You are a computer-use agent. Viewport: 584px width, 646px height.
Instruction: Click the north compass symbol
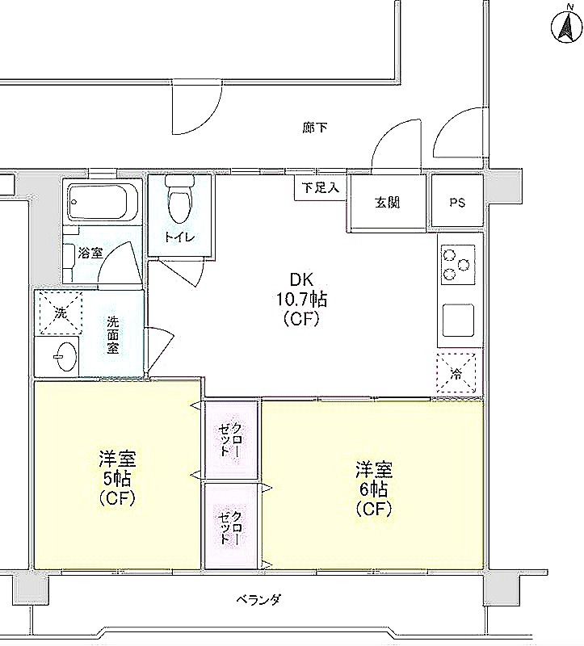coord(566,25)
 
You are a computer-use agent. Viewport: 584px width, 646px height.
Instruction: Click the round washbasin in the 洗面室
coord(66,356)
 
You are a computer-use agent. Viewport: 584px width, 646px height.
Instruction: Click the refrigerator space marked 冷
coord(456,373)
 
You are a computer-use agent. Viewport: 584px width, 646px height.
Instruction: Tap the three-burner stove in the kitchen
coord(457,265)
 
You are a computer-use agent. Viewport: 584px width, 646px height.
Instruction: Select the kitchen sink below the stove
coord(457,321)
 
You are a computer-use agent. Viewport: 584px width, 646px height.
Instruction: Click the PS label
coord(457,203)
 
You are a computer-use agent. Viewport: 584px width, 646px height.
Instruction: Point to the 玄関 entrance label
coord(387,203)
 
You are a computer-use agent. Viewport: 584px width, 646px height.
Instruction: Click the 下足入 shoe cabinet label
coord(321,188)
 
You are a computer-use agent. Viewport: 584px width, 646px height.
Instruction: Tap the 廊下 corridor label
coord(315,128)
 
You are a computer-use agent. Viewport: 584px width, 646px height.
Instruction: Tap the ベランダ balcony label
coord(258,599)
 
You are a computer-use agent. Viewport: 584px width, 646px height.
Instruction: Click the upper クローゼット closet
coord(231,439)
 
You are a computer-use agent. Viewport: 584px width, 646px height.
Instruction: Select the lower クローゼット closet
coord(231,526)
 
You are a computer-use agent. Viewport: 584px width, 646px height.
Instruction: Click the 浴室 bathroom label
coord(90,253)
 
